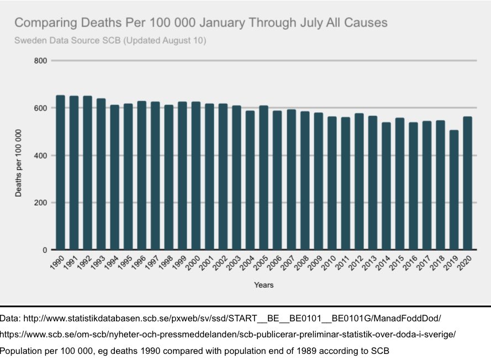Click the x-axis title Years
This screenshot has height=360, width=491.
click(x=263, y=285)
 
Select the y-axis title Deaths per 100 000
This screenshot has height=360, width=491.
click(x=19, y=163)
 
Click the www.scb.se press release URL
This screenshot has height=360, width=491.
click(x=228, y=335)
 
